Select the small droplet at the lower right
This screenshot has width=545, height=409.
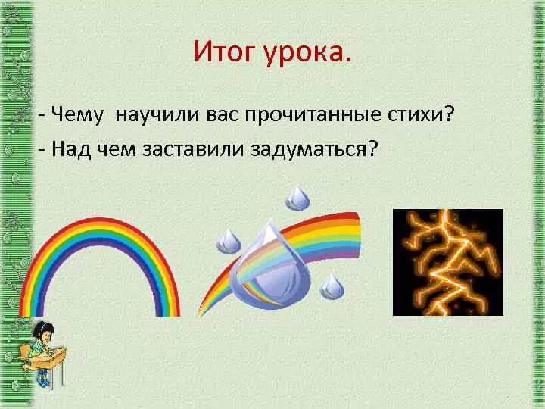coord(332,286)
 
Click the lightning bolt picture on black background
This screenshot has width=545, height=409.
coord(447,261)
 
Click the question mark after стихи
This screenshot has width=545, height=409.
coord(449,114)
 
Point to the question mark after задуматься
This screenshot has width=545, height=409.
coord(370,148)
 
